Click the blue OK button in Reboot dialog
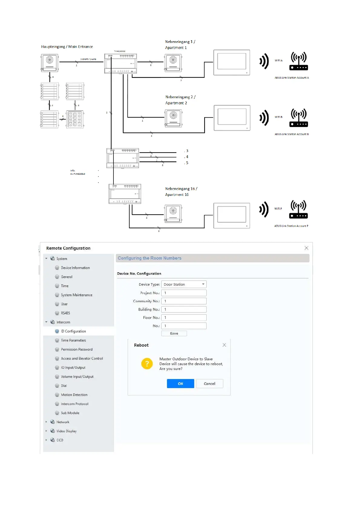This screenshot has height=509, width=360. click(180, 384)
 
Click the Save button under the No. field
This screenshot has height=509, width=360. click(174, 333)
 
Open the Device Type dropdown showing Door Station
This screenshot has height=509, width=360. click(184, 284)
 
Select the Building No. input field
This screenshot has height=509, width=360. click(184, 309)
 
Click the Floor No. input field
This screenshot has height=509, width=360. click(184, 317)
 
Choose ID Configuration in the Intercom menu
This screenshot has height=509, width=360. click(73, 331)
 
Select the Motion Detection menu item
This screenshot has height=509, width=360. click(74, 395)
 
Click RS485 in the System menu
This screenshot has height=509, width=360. click(65, 313)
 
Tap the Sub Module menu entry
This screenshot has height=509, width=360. click(70, 413)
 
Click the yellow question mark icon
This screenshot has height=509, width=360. click(147, 364)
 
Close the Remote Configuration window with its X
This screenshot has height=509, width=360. click(306, 248)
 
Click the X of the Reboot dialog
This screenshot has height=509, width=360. click(224, 345)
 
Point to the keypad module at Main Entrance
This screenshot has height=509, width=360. click(75, 119)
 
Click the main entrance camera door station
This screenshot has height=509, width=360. click(50, 63)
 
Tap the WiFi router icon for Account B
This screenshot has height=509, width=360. click(299, 118)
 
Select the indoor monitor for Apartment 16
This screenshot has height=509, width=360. click(232, 216)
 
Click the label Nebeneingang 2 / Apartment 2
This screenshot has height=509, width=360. click(180, 100)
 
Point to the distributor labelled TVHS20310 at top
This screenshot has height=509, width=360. click(120, 63)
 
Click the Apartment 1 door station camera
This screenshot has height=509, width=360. click(173, 63)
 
